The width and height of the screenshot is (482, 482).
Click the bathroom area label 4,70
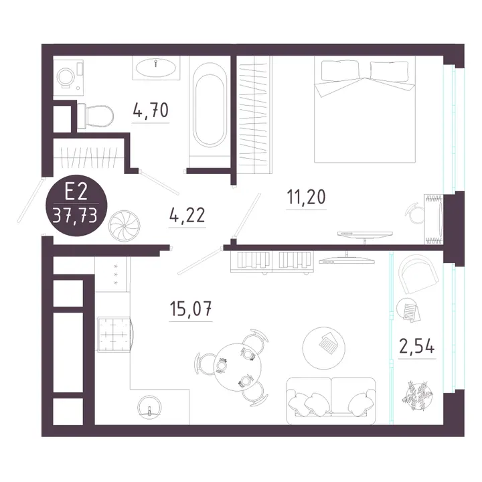[151, 110]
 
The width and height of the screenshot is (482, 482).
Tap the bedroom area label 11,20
[306, 197]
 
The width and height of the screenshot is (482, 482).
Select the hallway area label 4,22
[187, 215]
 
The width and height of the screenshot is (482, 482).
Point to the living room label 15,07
[191, 309]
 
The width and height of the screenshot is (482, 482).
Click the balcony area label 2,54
[417, 346]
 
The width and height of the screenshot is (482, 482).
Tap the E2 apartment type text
[76, 193]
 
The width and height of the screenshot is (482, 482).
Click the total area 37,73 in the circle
[75, 215]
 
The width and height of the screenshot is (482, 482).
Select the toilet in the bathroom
[95, 116]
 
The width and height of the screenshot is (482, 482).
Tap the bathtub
[210, 105]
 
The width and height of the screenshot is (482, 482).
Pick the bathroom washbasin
[156, 68]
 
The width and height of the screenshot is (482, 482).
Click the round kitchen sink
[149, 406]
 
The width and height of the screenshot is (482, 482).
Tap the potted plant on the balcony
[417, 396]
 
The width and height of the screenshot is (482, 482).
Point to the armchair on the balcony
[418, 274]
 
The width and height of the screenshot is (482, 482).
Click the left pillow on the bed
[339, 71]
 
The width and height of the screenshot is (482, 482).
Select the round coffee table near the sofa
[324, 347]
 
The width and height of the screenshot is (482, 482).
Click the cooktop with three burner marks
[112, 274]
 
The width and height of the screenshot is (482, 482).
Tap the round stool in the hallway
[124, 226]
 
